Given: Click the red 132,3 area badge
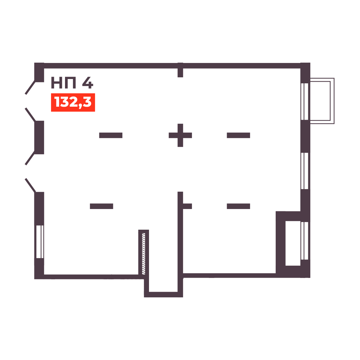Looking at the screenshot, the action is [x=73, y=102].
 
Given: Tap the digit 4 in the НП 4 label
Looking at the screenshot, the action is [x=88, y=83].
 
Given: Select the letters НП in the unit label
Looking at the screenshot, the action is [x=63, y=83].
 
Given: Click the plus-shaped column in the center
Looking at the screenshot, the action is [x=180, y=135].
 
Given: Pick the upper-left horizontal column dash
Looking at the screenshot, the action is [x=111, y=135].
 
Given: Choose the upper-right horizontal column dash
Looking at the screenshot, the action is [x=238, y=135].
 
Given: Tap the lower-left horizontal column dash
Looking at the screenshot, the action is [x=101, y=206].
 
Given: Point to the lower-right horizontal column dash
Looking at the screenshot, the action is [x=238, y=206].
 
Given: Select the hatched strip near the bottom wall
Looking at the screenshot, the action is [x=144, y=254].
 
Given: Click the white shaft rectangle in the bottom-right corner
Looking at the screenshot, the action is [x=293, y=243].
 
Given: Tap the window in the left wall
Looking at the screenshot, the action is [x=40, y=242].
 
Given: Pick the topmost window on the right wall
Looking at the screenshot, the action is [x=305, y=101].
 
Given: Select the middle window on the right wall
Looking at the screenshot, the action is [x=305, y=171].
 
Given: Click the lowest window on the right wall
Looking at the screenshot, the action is [x=305, y=241].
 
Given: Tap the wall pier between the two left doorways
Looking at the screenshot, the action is [x=39, y=137].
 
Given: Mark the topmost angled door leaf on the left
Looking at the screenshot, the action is [x=30, y=87].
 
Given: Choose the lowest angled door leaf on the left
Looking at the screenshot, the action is [x=30, y=185].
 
